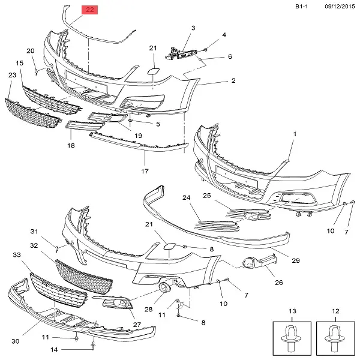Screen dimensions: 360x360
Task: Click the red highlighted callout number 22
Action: point(90,10)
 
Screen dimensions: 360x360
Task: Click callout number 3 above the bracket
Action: point(193,28)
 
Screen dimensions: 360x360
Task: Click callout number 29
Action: point(295,260)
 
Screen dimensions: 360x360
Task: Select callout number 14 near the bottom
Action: point(53,349)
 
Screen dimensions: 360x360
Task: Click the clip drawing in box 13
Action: point(292,339)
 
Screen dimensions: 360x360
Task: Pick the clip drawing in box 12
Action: point(335,339)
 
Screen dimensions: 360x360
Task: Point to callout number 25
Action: point(207,196)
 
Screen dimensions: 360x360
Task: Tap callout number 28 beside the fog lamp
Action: point(148,309)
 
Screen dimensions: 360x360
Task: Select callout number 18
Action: point(71,146)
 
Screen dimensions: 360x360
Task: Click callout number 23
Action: point(12,75)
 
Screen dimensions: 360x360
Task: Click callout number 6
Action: point(229,56)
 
